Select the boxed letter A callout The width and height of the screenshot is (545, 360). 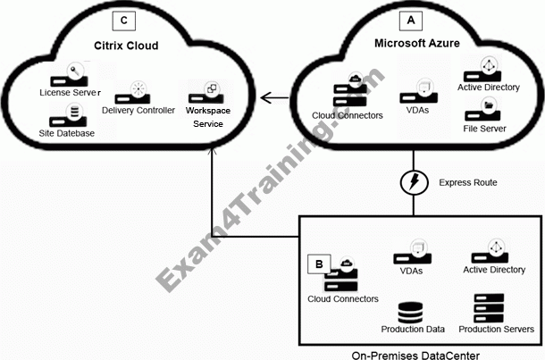point(411,19)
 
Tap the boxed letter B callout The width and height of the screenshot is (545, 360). point(319,264)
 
